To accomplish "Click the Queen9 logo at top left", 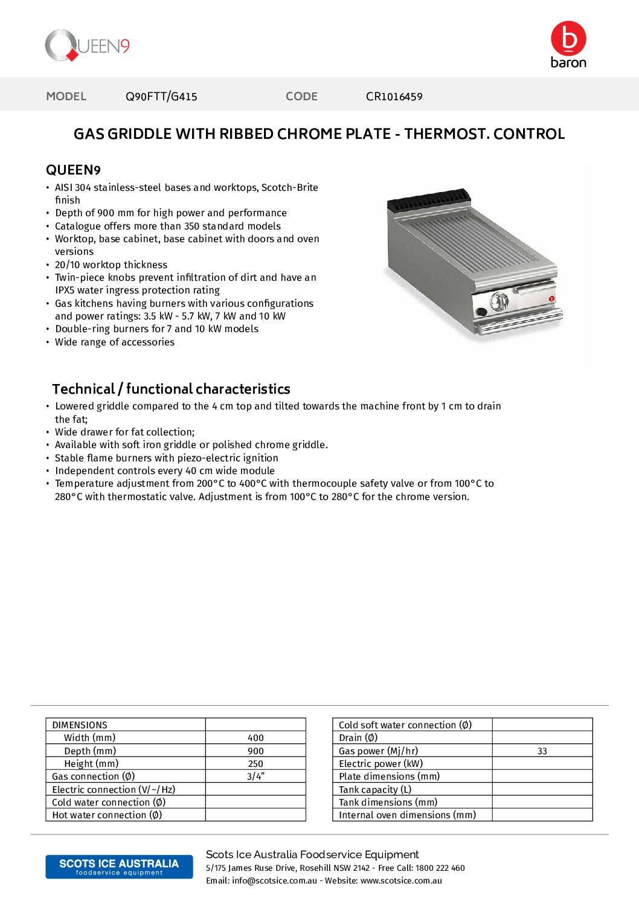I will (87, 46).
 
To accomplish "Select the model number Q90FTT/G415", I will (161, 97).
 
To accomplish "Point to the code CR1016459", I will (394, 97).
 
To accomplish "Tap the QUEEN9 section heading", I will (73, 170).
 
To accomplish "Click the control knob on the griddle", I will (499, 300).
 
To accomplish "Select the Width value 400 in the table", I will (255, 738).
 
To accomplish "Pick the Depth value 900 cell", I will (255, 751).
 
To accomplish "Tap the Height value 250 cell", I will (255, 764).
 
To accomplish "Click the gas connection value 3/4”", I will (255, 777).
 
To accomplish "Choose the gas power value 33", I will (542, 751).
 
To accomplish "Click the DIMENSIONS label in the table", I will (80, 725).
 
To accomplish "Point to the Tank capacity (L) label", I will (375, 790).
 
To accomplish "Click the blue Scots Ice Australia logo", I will (119, 867).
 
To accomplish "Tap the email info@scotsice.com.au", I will (274, 881).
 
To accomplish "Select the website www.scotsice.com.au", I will (401, 881).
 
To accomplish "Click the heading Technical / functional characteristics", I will (171, 389).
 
